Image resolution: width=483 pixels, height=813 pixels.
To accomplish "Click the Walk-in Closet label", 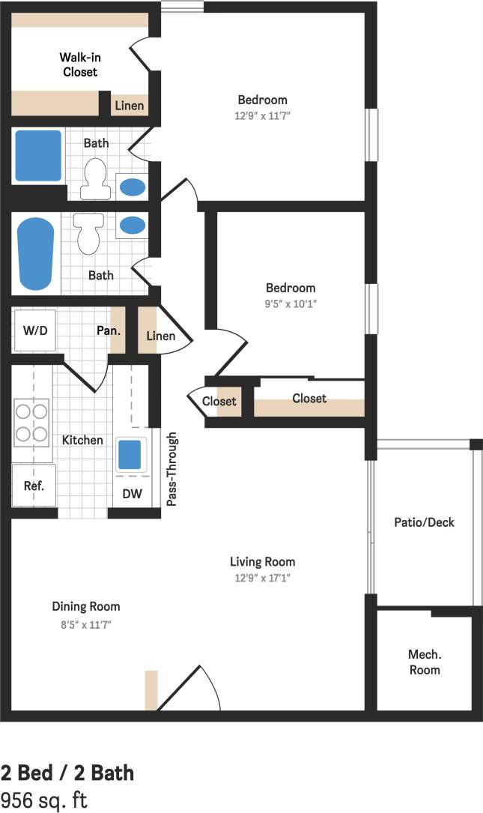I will (x=79, y=64).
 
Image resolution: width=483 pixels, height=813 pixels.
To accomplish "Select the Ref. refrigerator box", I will (x=33, y=485).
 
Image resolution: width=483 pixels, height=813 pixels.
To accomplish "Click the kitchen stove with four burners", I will (x=31, y=422).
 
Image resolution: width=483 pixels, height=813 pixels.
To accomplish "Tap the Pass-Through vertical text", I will (x=171, y=469).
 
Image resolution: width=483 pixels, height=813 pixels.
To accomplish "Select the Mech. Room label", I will (x=425, y=662).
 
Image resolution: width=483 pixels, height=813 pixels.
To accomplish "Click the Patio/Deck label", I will (x=424, y=522).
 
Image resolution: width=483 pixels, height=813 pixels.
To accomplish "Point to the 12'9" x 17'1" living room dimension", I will (x=262, y=578).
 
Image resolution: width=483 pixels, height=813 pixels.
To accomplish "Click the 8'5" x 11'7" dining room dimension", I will (x=86, y=623).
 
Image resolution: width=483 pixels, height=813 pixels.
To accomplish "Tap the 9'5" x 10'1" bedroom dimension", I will (x=291, y=304).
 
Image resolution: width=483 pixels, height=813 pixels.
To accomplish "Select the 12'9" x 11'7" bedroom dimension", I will (x=262, y=116).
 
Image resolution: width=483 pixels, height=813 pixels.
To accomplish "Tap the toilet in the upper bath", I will (x=95, y=179).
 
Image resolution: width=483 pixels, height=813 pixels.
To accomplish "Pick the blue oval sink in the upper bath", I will (x=133, y=186).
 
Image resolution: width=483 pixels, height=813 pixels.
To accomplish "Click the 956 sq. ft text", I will (x=43, y=800).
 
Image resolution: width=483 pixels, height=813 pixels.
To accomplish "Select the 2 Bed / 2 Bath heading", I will (x=67, y=773).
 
